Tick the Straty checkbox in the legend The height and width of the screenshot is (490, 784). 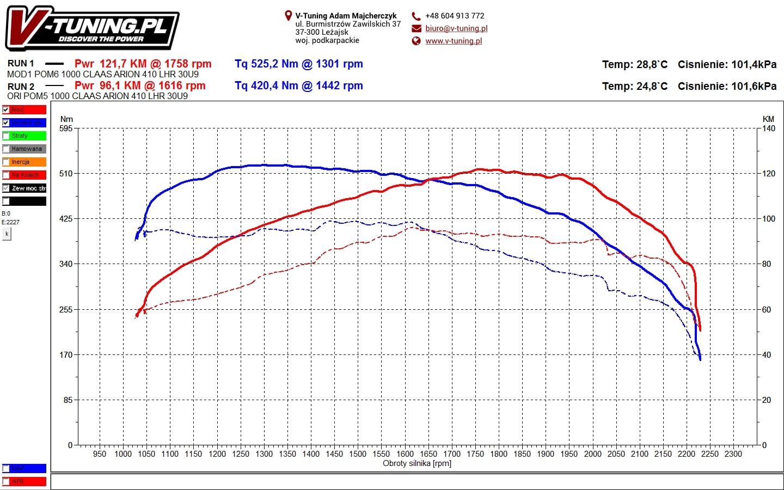[x=6, y=136]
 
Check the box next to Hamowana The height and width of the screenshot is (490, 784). [x=6, y=149]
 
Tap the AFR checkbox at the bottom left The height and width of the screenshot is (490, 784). [x=6, y=482]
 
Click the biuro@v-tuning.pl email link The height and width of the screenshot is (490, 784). [x=456, y=28]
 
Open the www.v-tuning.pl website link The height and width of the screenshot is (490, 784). [x=454, y=41]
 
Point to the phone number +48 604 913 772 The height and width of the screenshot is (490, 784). [x=455, y=16]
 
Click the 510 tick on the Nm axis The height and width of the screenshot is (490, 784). [x=66, y=174]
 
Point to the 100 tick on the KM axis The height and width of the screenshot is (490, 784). [x=769, y=219]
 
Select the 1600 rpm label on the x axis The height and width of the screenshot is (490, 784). [x=405, y=454]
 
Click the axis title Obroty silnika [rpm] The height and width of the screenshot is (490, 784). [x=417, y=464]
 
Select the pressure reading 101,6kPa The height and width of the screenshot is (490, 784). [x=754, y=87]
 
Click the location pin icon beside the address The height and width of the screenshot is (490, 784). [x=289, y=16]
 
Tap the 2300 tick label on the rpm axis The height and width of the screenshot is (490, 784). [x=733, y=454]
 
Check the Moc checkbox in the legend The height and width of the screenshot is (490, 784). [x=6, y=110]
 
